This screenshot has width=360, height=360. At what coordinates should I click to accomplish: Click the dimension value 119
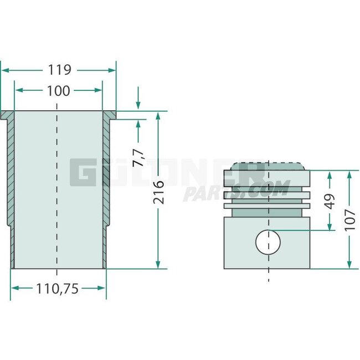(x=59, y=70)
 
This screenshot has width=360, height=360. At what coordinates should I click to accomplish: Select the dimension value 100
(x=59, y=90)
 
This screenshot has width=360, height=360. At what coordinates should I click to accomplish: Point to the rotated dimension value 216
(x=158, y=192)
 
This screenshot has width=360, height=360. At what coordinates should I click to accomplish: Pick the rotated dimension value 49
(x=330, y=200)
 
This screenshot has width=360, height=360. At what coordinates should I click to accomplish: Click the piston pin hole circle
(x=268, y=242)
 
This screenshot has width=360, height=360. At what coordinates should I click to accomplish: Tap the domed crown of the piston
(x=268, y=166)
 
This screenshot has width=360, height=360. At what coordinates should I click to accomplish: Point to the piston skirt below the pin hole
(x=268, y=261)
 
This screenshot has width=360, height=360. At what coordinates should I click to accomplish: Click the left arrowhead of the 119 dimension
(x=4, y=70)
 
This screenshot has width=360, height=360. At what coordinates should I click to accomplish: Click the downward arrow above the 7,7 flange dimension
(x=138, y=106)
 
